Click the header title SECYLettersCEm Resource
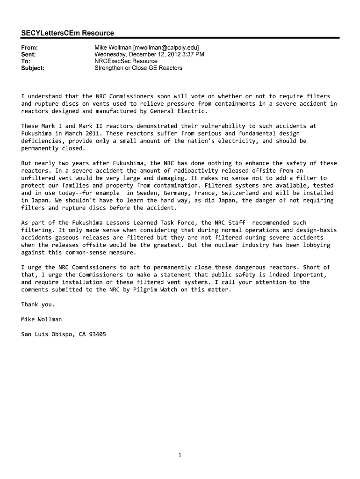tap(67, 33)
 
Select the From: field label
tap(29, 48)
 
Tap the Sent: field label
tap(29, 54)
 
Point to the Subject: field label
tap(33, 68)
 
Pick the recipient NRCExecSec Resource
tap(126, 61)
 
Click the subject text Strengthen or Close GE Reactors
tap(138, 68)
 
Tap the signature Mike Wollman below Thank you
tap(41, 319)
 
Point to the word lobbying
tap(315, 245)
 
